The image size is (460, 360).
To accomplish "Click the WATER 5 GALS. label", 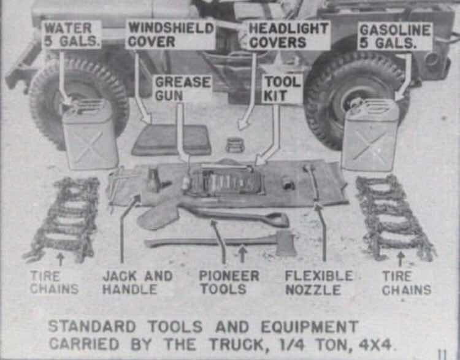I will (x=72, y=35).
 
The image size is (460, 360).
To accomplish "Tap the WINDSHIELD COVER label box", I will (x=170, y=35).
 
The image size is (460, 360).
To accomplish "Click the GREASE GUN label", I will (x=182, y=88).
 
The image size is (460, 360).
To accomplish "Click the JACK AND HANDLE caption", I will (x=137, y=282).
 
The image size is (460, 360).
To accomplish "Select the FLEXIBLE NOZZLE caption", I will (x=319, y=282).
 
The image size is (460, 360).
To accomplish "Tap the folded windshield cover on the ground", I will (x=172, y=140).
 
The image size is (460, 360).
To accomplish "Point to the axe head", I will (x=286, y=243).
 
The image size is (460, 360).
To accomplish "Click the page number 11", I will (x=441, y=353).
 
